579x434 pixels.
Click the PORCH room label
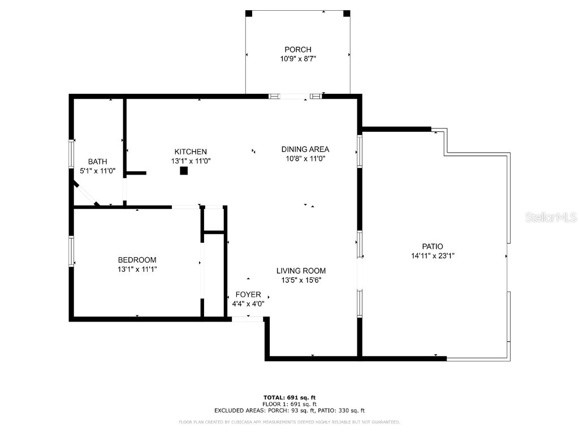297,50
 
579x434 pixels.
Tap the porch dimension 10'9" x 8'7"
297,58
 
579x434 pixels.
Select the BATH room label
97,162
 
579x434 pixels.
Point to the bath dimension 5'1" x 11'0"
97,171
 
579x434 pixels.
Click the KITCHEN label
191,151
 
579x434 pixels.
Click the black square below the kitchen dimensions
184,171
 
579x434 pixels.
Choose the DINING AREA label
305,149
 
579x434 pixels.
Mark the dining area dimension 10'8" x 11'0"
305,158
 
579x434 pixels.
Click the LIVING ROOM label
301,271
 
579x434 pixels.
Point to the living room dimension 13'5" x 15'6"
301,280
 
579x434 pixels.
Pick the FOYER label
248,294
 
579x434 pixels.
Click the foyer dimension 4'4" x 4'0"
248,303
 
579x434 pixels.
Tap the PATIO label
433,246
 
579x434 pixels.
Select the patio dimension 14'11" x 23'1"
433,255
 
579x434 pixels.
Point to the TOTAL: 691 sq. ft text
289,398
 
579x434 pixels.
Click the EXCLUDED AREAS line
289,411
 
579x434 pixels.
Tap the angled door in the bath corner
85,193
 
